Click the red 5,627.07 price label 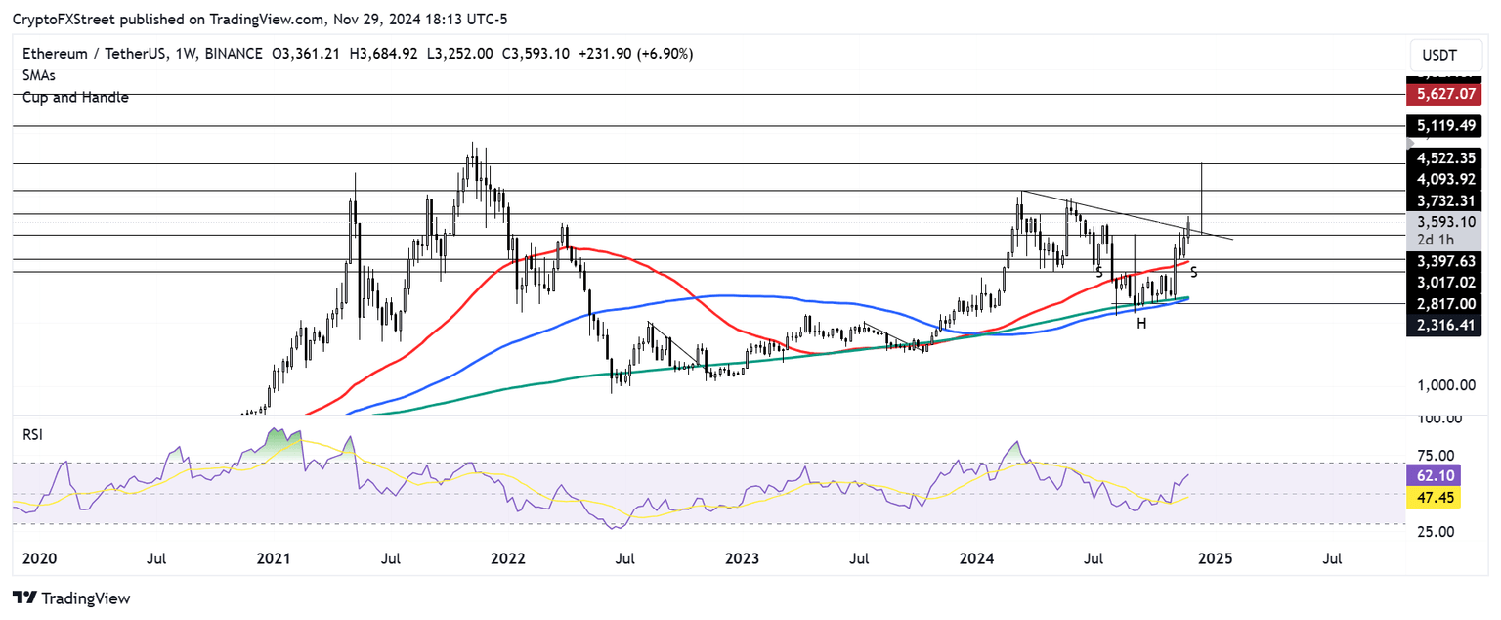tap(1444, 95)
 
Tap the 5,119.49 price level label tap(1444, 126)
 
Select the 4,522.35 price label tap(1444, 157)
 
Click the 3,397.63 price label tap(1444, 261)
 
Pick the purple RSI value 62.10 tap(1444, 476)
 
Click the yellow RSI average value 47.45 tap(1444, 497)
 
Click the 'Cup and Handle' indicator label tap(76, 98)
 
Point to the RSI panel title tap(33, 434)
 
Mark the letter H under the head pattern tap(1140, 323)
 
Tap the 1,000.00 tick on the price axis tap(1444, 385)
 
